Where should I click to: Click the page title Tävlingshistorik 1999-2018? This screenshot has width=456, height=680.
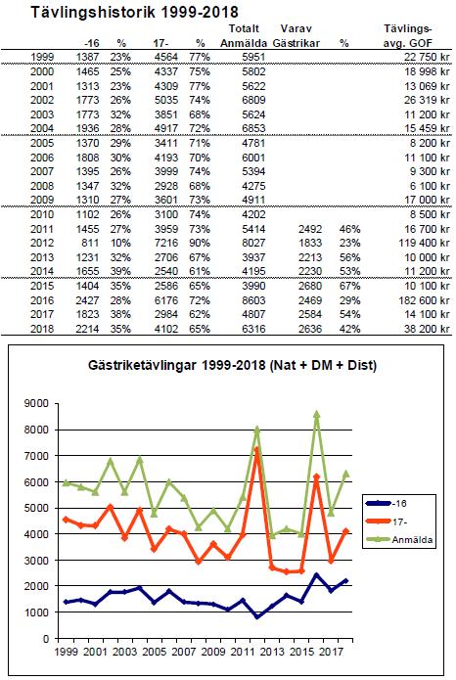(134, 12)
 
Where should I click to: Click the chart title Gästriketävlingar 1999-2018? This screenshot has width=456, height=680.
(176, 365)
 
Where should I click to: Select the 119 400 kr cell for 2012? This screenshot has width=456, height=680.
(424, 243)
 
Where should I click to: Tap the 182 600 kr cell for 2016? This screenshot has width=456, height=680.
(424, 300)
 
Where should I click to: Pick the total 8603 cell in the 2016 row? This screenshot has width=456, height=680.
(253, 300)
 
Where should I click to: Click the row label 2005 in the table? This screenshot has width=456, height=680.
(42, 143)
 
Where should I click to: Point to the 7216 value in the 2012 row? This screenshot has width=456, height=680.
(166, 243)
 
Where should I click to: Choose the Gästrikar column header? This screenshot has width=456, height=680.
(296, 43)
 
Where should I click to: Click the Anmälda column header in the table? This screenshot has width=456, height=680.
(244, 43)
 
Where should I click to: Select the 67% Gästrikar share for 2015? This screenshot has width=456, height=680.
(349, 286)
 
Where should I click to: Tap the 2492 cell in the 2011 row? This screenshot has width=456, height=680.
(310, 229)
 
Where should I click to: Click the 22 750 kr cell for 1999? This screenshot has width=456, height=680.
(427, 58)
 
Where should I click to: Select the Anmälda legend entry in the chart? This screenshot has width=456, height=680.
(399, 539)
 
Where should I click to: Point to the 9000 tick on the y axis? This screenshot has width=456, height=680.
(36, 404)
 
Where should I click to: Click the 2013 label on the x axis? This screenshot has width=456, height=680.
(272, 652)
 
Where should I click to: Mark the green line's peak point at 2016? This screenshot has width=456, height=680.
(317, 414)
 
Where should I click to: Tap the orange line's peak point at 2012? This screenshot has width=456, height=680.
(256, 450)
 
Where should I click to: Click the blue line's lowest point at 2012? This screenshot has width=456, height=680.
(257, 616)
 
